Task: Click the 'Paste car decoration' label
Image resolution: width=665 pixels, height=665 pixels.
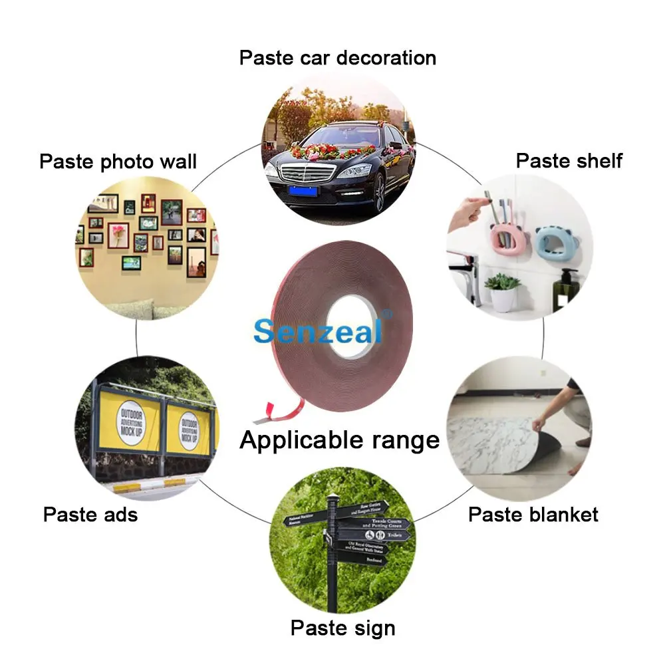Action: pos(337,58)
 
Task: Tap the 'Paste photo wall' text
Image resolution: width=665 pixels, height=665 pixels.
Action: pos(118,161)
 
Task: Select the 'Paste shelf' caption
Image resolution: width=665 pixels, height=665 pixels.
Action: pos(569,160)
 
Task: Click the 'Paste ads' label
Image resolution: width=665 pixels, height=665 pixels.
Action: pos(90,514)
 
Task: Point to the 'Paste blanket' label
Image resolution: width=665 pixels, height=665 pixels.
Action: pos(533,514)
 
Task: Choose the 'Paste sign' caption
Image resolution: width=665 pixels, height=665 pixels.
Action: pos(342,628)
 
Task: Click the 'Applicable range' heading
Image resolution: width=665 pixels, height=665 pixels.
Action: pos(339,440)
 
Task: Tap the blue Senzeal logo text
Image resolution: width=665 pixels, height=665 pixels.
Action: pos(318,330)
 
